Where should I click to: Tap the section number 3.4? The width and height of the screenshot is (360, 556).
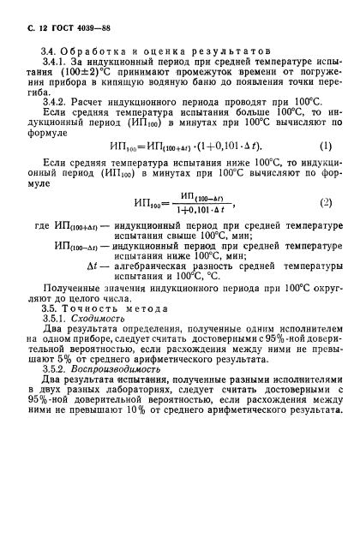(51, 54)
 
